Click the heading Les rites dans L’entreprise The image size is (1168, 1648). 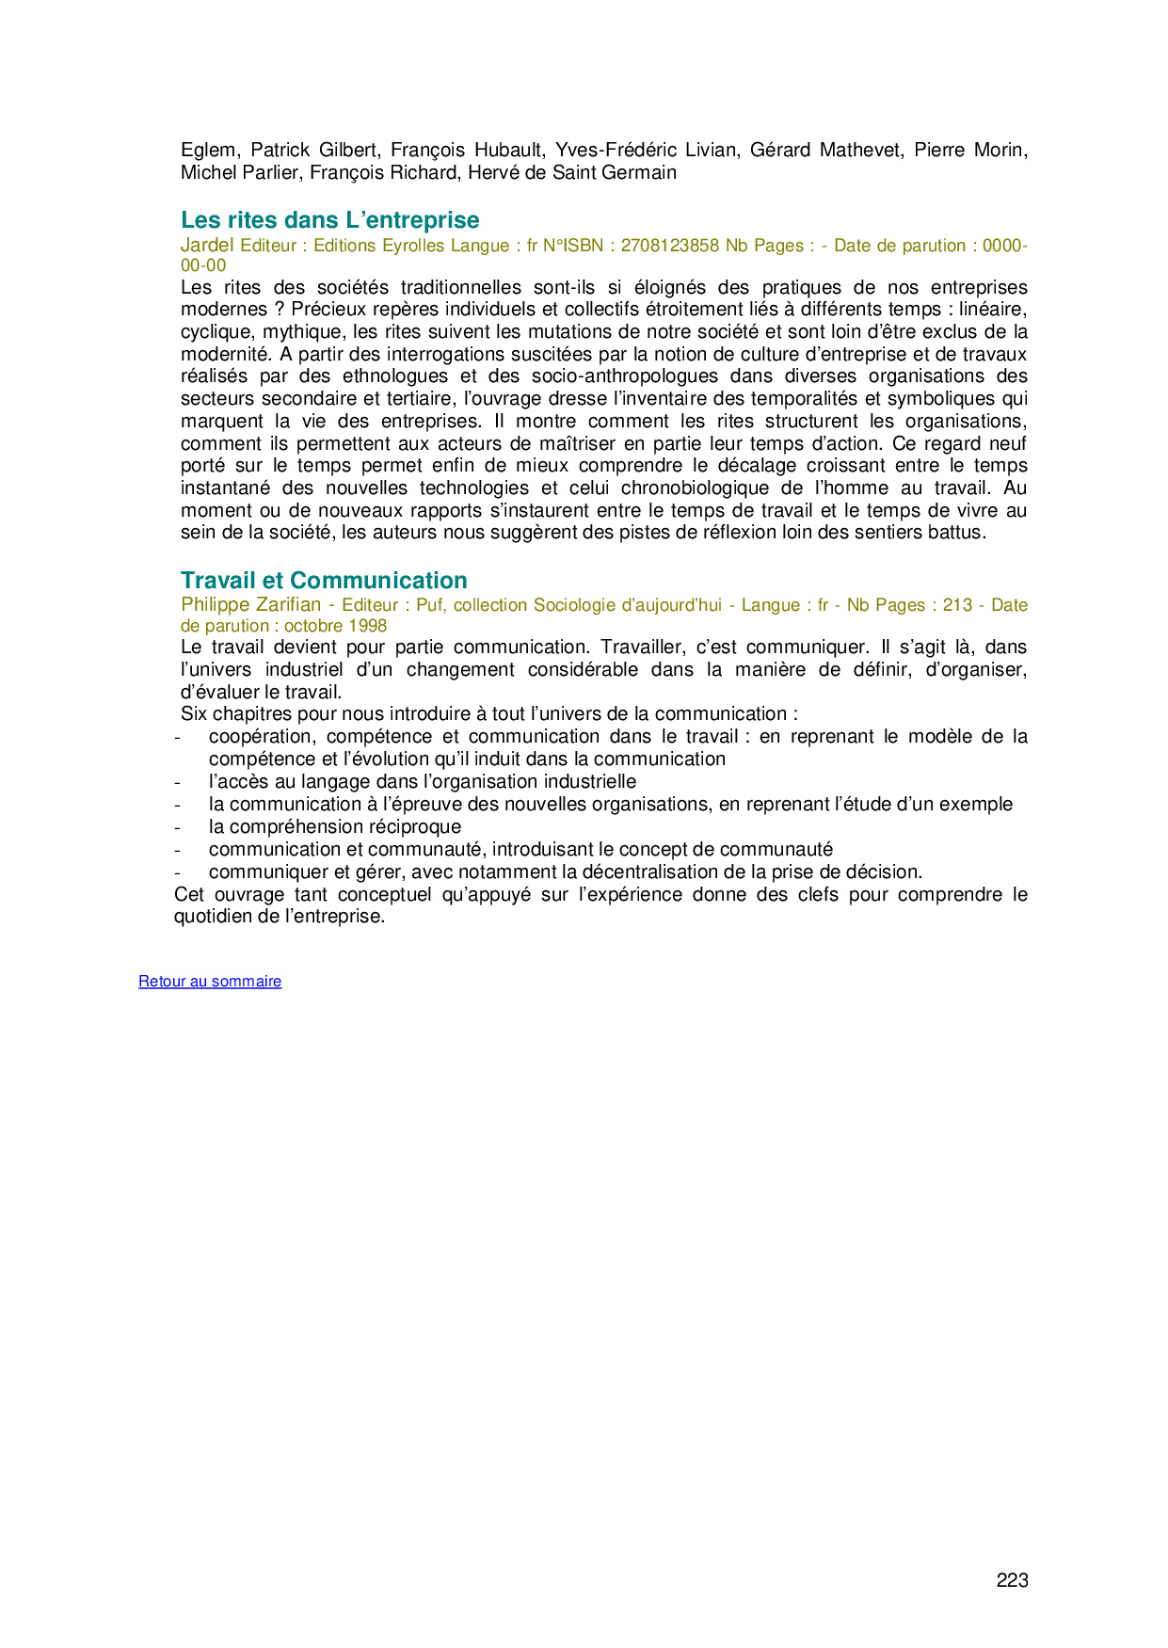329,220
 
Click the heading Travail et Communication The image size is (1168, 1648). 324,581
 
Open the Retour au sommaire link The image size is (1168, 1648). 210,982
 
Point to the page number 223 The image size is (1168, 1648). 1012,1580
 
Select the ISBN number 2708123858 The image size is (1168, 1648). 669,246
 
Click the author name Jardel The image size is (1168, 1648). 207,246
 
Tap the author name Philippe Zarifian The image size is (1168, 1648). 250,605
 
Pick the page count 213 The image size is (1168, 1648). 957,605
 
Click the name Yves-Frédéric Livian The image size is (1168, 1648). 646,151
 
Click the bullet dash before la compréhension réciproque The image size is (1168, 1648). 177,827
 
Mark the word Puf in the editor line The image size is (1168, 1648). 429,605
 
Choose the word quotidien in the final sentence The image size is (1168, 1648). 213,917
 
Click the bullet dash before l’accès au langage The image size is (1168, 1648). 177,782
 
